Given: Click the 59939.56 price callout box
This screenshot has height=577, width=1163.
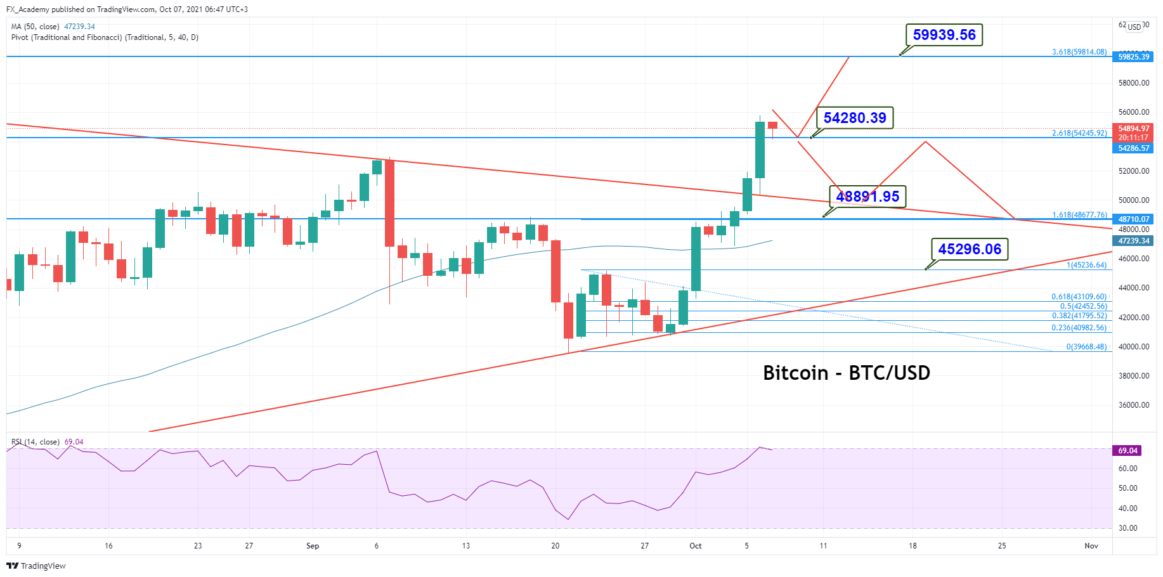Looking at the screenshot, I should (x=944, y=35).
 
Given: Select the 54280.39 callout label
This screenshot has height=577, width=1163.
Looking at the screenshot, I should (x=854, y=118).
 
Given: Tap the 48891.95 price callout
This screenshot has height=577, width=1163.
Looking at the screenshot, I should (x=867, y=197).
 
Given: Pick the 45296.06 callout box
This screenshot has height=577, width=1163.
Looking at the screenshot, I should (x=969, y=249).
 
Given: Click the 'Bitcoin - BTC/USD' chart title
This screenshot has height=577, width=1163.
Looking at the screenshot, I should (x=846, y=373).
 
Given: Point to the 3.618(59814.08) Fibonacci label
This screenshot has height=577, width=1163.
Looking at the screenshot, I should (x=1079, y=52).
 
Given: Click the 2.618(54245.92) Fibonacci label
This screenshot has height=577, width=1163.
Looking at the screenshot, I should (x=1079, y=133).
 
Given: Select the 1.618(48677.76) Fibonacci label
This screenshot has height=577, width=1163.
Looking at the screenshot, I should (x=1079, y=215).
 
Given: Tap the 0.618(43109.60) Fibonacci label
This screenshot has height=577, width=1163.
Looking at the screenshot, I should (x=1079, y=297).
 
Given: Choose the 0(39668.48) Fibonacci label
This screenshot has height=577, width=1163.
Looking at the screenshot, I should (x=1086, y=347).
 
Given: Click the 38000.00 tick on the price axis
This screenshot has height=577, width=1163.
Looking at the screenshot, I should (x=1134, y=376).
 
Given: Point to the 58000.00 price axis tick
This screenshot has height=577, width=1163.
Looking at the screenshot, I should (x=1134, y=83).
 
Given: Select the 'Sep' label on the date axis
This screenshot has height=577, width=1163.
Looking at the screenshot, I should (x=313, y=546).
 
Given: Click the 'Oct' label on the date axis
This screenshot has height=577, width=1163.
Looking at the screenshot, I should (x=696, y=546).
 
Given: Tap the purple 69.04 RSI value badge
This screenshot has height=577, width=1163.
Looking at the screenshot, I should (x=1127, y=451).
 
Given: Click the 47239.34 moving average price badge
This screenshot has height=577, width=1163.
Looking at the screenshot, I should (x=1133, y=241).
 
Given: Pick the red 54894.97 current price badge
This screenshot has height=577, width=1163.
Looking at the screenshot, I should (x=1133, y=129).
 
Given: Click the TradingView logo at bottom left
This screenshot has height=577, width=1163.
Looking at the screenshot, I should (x=36, y=566).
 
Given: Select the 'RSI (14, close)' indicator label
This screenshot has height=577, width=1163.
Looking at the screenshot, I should (x=36, y=442).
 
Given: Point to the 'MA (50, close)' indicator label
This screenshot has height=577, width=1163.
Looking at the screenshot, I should (x=36, y=27).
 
